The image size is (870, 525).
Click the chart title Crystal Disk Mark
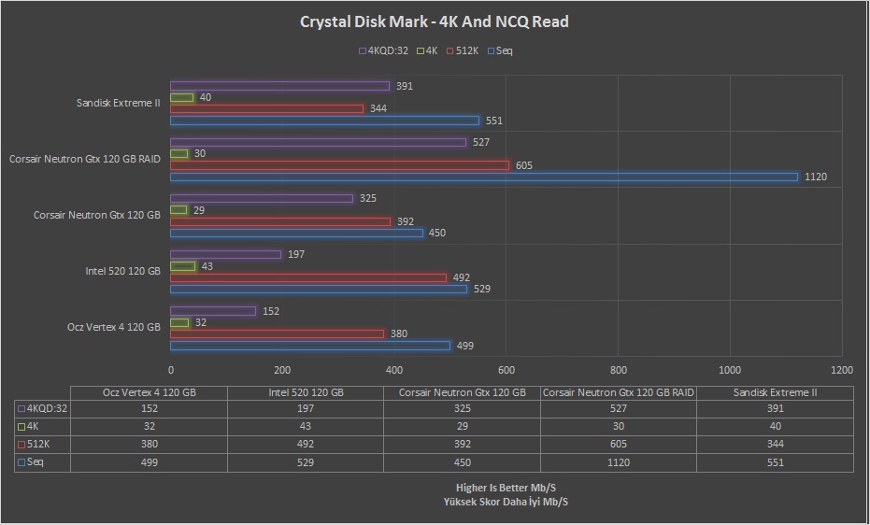tap(434, 21)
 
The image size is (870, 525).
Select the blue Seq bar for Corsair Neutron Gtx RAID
tap(484, 177)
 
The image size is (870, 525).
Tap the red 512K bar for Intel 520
tap(308, 277)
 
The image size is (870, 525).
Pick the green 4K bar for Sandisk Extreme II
tap(182, 97)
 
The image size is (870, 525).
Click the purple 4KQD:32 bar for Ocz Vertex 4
tap(213, 311)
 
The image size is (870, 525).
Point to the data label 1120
tap(817, 177)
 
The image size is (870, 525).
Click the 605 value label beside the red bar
tap(524, 165)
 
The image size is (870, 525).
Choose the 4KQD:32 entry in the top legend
tap(383, 50)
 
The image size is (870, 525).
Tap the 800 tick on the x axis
tap(618, 370)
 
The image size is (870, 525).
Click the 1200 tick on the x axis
tap(841, 370)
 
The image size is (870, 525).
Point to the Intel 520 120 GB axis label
tap(122, 272)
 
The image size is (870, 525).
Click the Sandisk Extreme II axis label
tap(119, 103)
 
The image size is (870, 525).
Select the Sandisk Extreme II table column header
tap(775, 392)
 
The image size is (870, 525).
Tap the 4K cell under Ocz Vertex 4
tap(150, 426)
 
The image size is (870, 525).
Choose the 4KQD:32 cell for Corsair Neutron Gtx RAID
tap(618, 408)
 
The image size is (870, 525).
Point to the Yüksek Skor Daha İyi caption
tap(506, 502)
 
